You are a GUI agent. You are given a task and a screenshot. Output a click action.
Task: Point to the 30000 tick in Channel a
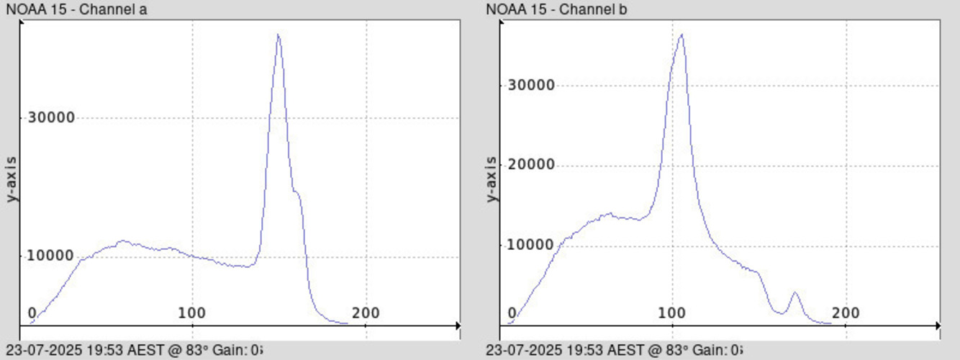pos(51,117)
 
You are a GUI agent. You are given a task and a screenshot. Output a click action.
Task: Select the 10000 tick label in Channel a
pos(51,256)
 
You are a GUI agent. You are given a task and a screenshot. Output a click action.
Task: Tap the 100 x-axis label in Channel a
pos(192,313)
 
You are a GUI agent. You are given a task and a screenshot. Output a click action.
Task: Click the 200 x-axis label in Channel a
pos(366,313)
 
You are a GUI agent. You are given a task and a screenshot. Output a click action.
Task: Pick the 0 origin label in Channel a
pos(32,313)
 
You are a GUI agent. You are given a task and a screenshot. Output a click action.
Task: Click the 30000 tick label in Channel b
pos(531,85)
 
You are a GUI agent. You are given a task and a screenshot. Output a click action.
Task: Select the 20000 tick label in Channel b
pos(531,165)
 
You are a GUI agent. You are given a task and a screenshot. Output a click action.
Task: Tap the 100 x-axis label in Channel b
pos(672,313)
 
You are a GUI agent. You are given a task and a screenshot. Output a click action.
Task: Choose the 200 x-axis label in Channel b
pos(846,313)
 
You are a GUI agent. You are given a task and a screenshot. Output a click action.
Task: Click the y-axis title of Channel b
pos(492,178)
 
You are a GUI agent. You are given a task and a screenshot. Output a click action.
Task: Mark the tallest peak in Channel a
pos(278,35)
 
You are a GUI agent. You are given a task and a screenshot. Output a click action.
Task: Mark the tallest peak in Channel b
pos(681,35)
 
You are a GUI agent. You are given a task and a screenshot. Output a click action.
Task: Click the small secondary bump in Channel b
pos(794,292)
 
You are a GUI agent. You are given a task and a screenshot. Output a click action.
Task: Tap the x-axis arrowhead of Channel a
pos(458,326)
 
